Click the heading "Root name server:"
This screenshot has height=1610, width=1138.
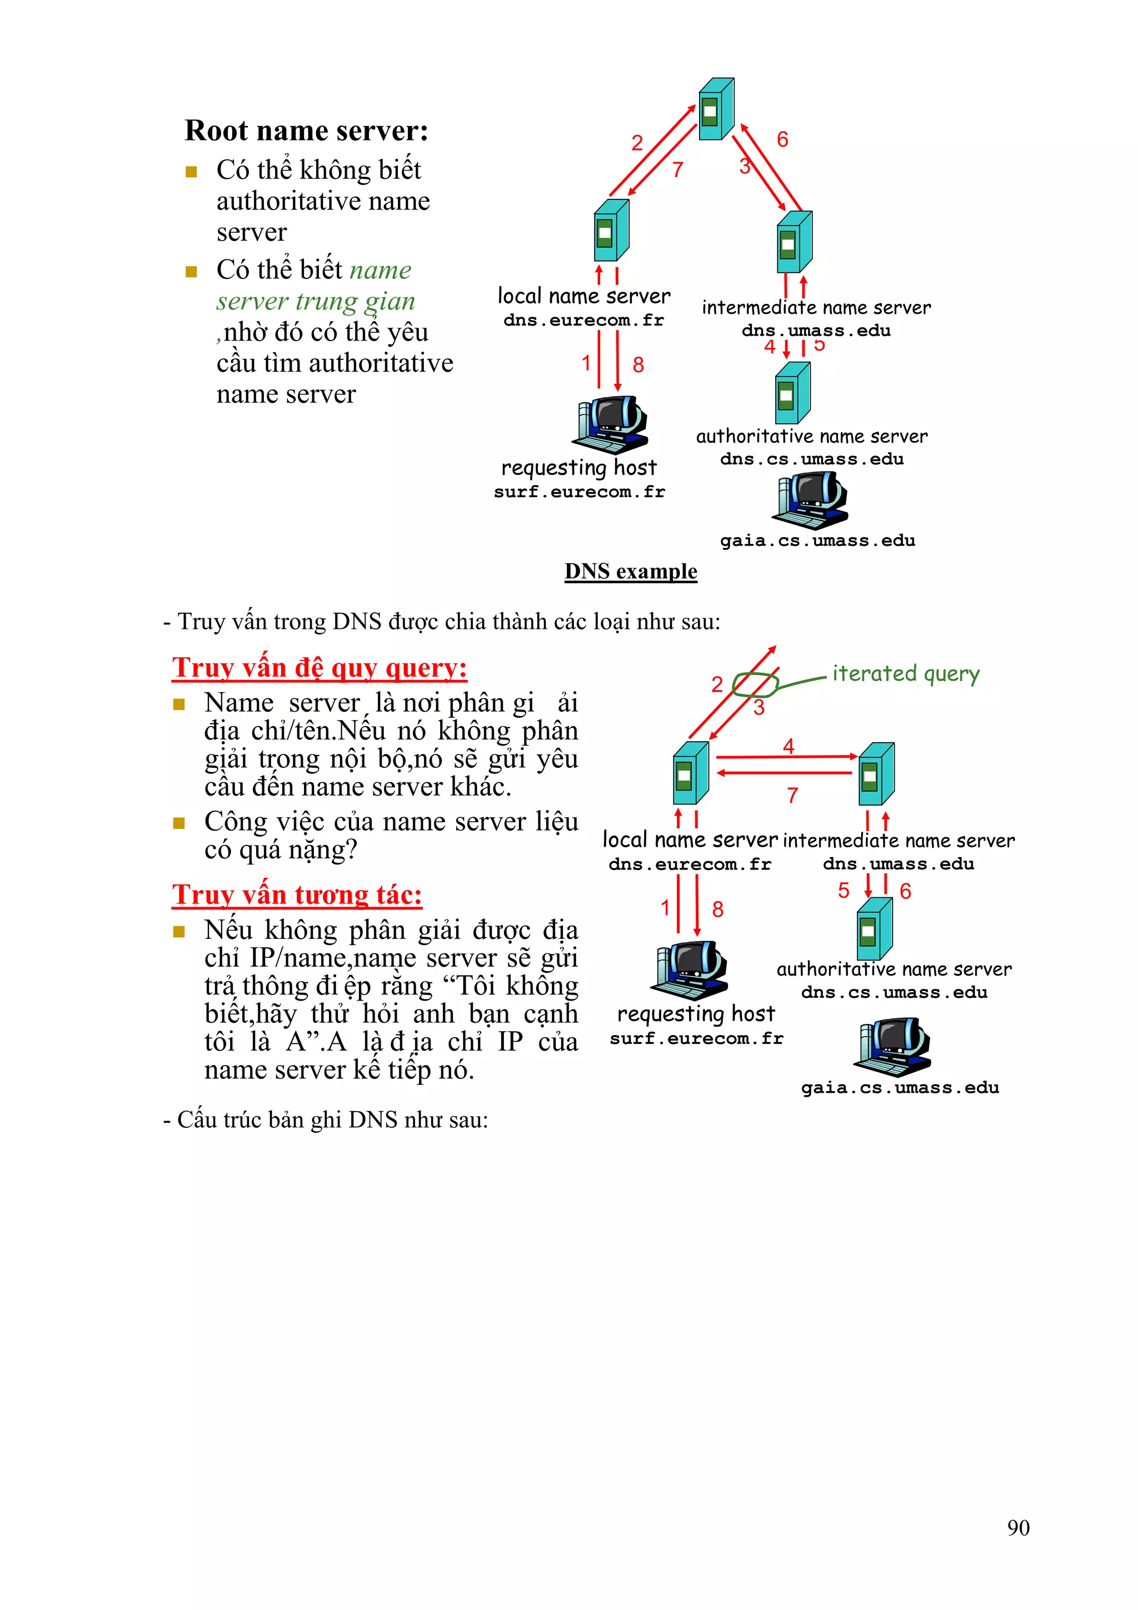pos(306,131)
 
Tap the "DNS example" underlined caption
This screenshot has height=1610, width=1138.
pos(630,572)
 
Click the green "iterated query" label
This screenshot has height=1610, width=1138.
pos(905,674)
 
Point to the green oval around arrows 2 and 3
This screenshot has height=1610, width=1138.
pos(755,684)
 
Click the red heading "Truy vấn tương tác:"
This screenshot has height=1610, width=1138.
pos(297,895)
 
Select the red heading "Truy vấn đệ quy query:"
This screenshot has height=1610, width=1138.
pos(320,668)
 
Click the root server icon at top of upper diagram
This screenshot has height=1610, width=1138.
pos(716,109)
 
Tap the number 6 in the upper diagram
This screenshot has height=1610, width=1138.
pos(782,139)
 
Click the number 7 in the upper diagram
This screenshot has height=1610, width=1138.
pos(677,169)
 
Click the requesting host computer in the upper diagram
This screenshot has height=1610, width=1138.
pos(610,425)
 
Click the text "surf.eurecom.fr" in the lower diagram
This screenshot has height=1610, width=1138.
pos(696,1038)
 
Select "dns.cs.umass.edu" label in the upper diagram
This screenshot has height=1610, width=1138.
pos(811,459)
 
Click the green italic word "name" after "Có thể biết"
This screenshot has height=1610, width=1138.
pos(381,270)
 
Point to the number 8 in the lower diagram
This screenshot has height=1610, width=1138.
pos(717,909)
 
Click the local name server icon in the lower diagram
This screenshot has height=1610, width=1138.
pos(691,773)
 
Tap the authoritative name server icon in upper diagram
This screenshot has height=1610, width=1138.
pos(792,393)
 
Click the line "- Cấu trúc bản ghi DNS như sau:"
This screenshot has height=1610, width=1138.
pos(326,1120)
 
